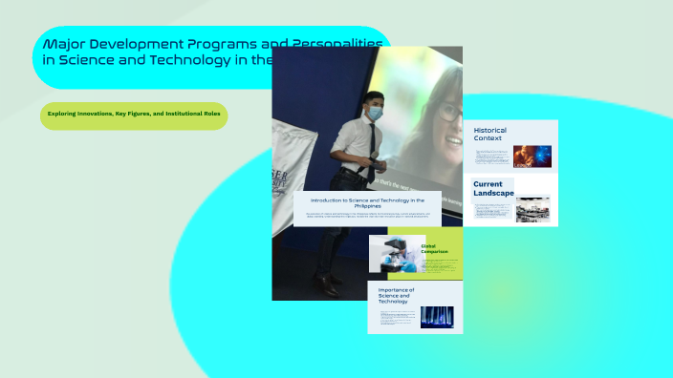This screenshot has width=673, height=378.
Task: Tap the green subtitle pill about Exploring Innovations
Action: coord(134,115)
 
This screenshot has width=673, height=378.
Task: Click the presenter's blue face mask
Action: coord(376,113)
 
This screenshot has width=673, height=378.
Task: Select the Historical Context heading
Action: coord(490,134)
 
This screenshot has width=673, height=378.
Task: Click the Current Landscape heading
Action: coord(493,188)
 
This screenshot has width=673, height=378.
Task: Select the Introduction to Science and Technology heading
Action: coord(368,202)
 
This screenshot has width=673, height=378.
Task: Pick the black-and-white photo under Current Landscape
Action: coord(532,208)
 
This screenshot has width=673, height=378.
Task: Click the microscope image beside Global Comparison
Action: coord(394,254)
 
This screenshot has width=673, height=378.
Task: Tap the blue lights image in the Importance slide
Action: coord(437,316)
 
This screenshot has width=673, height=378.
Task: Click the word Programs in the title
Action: coord(202,44)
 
